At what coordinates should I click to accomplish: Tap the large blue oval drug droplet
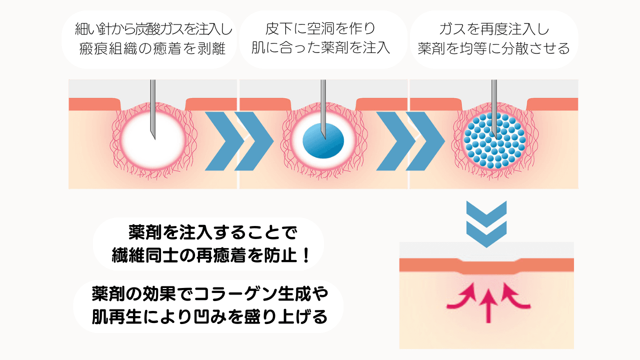click(x=323, y=139)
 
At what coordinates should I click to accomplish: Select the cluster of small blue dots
click(x=493, y=140)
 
